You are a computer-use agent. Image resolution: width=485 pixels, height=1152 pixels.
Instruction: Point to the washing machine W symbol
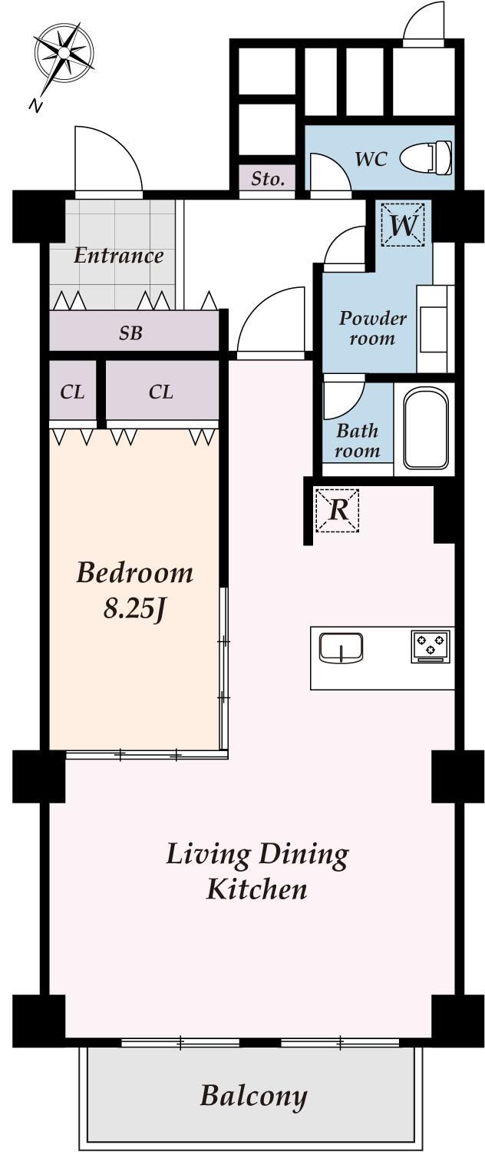[x=404, y=224]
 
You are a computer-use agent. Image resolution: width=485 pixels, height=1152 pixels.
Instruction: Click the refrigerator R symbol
[x=338, y=510]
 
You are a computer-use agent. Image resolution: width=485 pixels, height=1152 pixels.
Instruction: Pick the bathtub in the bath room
[x=426, y=429]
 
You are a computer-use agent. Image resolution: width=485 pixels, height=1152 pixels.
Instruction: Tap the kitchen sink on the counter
[x=341, y=647]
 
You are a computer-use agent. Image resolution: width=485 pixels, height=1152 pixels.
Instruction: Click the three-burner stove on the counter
[x=431, y=646]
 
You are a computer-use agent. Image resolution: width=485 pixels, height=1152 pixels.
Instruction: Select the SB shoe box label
[x=130, y=333]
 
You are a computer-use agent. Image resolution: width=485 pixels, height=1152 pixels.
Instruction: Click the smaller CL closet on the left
[x=72, y=392]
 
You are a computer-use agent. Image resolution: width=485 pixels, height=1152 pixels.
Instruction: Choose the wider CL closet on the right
[x=162, y=392]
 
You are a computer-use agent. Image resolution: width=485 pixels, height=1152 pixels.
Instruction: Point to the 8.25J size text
[x=134, y=610]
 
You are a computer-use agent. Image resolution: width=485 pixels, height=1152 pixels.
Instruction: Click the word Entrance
[x=118, y=256]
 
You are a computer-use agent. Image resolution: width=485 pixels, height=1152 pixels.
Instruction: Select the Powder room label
[x=372, y=328]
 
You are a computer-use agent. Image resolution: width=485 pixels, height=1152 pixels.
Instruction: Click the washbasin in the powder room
[x=433, y=329]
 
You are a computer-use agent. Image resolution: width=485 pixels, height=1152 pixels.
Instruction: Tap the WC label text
[x=371, y=159]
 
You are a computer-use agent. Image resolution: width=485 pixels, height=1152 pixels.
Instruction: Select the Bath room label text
[x=357, y=440]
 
